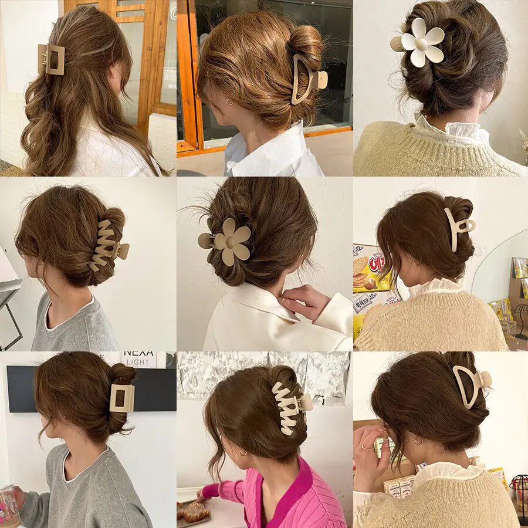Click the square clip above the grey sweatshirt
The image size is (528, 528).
coord(122,398)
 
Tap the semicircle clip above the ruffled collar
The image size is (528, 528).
coord(469,384)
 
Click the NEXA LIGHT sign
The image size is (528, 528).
coord(138,359)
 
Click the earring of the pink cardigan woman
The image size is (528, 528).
coord(242,453)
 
